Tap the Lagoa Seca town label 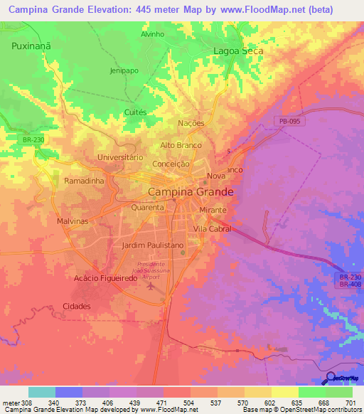[x=239, y=51]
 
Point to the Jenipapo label [x=123, y=71]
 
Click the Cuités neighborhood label [x=135, y=112]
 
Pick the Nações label [x=191, y=123]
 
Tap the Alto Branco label [x=181, y=145]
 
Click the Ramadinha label [x=85, y=181]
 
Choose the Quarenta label [x=147, y=208]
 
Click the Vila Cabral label [x=212, y=229]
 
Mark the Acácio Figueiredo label [x=105, y=278]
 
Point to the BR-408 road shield [x=349, y=283]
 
